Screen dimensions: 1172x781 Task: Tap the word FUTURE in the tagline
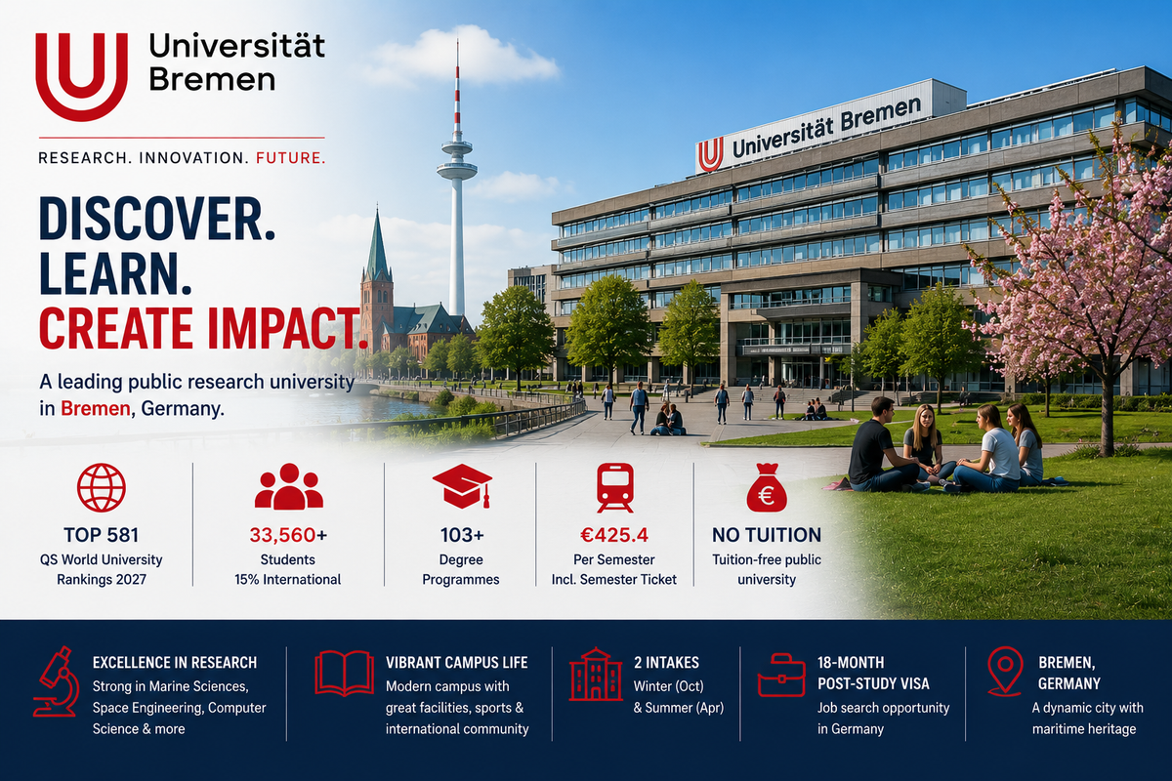click(x=290, y=158)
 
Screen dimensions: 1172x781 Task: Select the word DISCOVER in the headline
click(x=157, y=220)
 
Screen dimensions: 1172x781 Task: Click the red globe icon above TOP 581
click(x=101, y=487)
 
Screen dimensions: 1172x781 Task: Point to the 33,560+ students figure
click(x=288, y=535)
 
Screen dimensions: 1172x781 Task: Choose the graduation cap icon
click(x=462, y=485)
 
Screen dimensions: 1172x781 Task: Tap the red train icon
click(x=614, y=487)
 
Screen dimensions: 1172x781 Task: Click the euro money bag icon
click(x=767, y=488)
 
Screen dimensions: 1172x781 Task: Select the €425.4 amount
click(x=614, y=535)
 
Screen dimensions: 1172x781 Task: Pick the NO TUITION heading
click(x=767, y=535)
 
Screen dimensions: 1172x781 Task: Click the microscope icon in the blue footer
click(x=56, y=681)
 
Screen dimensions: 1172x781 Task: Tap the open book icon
click(x=344, y=674)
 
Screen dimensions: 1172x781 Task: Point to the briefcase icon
click(x=781, y=675)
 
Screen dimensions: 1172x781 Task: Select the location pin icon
click(x=1005, y=671)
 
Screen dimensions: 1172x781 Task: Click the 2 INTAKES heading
click(x=666, y=663)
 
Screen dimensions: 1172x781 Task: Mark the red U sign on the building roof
click(x=711, y=155)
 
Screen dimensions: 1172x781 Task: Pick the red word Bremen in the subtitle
click(x=96, y=408)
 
